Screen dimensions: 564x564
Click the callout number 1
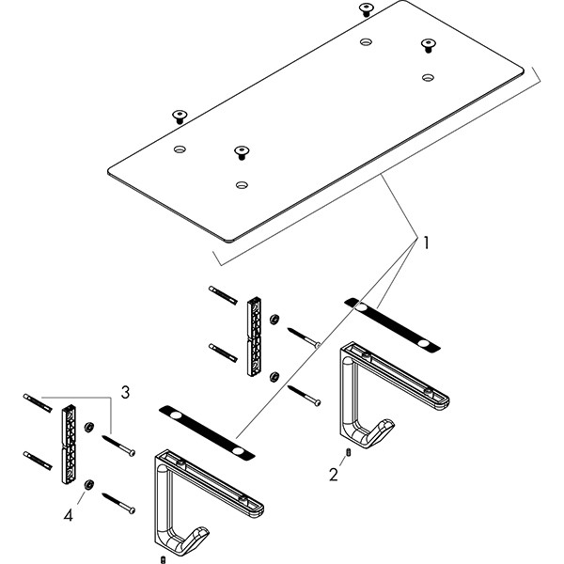425,243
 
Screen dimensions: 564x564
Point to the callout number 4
69,516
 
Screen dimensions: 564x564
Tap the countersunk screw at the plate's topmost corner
365,9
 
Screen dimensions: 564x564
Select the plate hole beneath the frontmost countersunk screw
242,185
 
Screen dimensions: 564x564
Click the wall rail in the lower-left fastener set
69,444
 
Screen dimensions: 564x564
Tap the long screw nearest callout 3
120,445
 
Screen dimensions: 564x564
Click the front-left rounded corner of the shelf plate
114,172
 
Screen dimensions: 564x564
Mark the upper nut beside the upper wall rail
273,318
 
